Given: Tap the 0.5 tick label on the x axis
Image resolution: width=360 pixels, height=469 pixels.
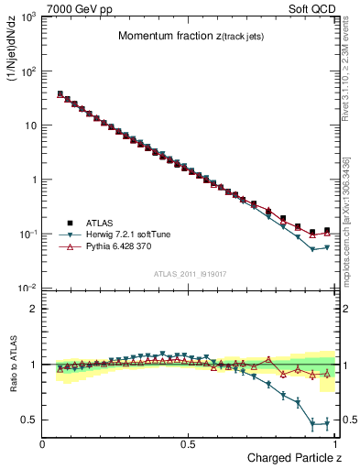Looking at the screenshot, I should pos(188,444).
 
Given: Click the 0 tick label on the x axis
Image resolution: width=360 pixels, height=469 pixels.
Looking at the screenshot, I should pos(43,444).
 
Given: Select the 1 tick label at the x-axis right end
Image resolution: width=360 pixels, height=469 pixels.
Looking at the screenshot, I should pos(334,444).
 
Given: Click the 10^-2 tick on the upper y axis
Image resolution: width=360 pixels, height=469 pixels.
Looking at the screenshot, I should pos(27,289).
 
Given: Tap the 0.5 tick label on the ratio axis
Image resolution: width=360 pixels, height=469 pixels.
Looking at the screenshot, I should pos(29,420).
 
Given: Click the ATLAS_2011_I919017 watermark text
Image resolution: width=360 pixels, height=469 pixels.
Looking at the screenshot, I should pos(190,274).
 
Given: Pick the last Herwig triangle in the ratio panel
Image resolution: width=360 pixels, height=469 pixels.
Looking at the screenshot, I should pos(327,423).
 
